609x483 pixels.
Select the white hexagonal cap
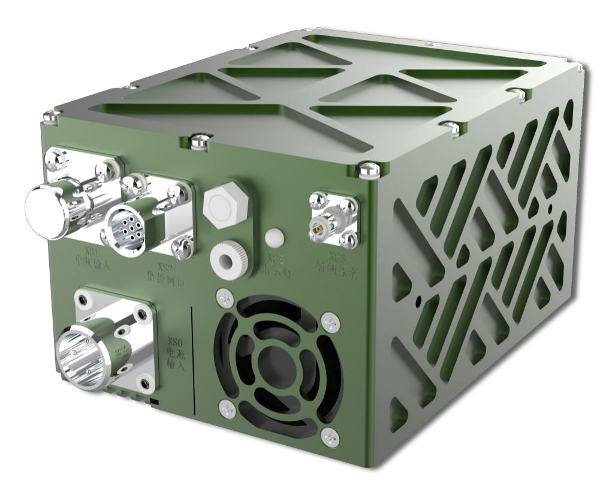tap(223, 203)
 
